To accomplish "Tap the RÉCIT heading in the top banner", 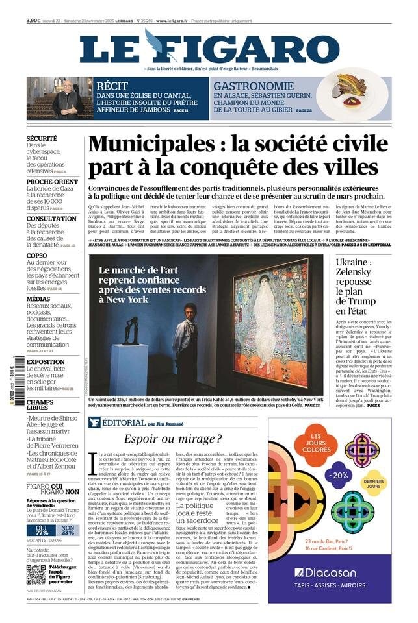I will [112, 86].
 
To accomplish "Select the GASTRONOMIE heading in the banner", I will [254, 86].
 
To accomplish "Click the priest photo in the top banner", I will [50, 99].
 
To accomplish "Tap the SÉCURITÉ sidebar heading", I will [42, 138].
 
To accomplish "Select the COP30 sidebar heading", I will [37, 256].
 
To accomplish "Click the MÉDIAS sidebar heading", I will [38, 299].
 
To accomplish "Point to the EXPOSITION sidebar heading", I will [45, 361].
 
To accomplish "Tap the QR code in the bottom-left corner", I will [36, 574].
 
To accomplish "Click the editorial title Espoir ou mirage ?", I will [173, 439].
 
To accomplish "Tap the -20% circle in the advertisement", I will [337, 456].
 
